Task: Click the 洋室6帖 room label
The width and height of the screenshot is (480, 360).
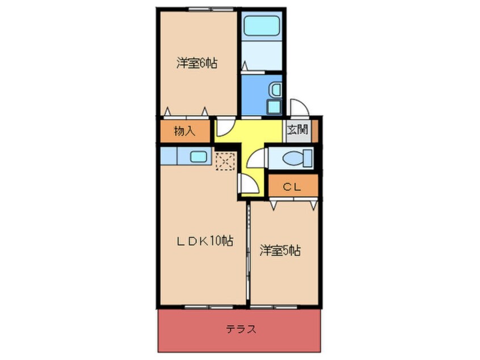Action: pyautogui.click(x=196, y=64)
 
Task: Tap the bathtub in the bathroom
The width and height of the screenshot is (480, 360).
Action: pyautogui.click(x=261, y=27)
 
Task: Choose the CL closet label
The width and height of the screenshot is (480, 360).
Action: pyautogui.click(x=293, y=186)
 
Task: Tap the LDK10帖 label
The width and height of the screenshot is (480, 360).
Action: pyautogui.click(x=204, y=240)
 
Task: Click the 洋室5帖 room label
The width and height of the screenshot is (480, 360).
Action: pyautogui.click(x=280, y=250)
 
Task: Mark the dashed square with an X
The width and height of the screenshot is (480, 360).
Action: pyautogui.click(x=225, y=161)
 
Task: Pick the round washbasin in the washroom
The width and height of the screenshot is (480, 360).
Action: pyautogui.click(x=275, y=89)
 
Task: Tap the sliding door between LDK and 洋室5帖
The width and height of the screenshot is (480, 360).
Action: pyautogui.click(x=248, y=256)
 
